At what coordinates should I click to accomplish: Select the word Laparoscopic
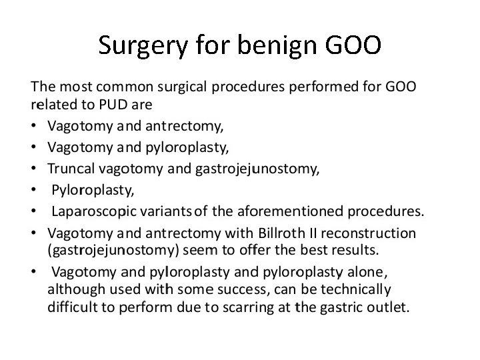tap(95, 212)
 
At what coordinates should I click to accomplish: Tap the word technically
tap(355, 290)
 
